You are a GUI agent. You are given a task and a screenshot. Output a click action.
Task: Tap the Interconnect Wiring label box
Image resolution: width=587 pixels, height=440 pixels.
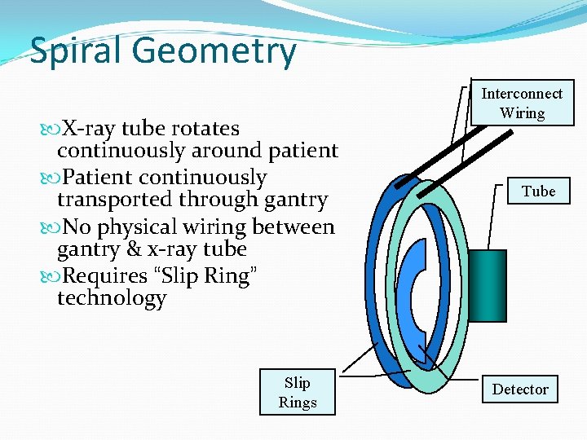click(522, 103)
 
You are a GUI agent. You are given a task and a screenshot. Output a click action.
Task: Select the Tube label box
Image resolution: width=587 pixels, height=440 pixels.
click(538, 191)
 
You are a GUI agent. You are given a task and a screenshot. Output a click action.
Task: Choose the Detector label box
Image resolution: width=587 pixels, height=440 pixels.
click(520, 389)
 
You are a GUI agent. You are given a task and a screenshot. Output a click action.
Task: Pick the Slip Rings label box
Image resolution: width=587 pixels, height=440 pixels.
click(298, 392)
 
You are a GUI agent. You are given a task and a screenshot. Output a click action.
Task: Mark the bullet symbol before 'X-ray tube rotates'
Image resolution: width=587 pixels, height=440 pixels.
click(50, 129)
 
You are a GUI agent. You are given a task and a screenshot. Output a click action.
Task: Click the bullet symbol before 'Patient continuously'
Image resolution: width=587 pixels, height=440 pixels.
click(50, 178)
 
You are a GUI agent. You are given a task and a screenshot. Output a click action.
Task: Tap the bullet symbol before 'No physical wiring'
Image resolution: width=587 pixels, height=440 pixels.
click(50, 227)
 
